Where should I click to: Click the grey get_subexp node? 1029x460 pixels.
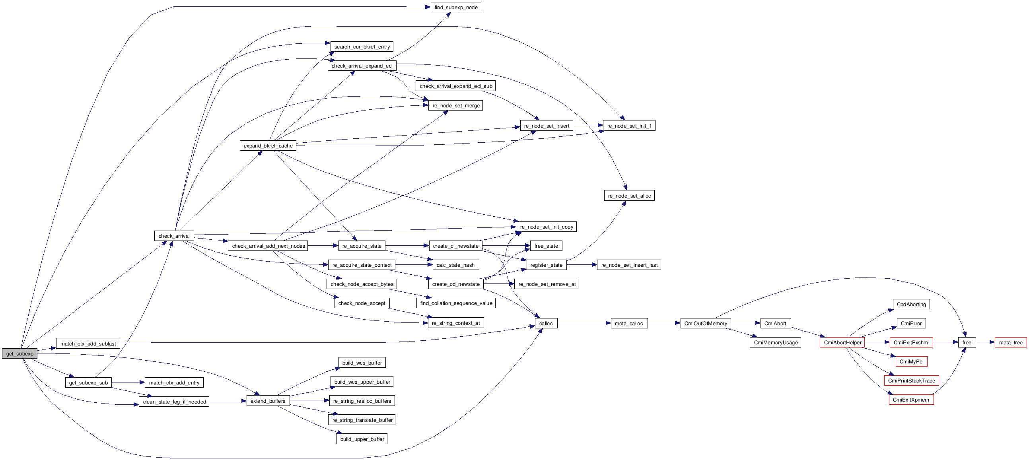(19, 353)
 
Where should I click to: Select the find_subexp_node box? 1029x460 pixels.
(456, 7)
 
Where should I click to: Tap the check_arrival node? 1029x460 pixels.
(174, 236)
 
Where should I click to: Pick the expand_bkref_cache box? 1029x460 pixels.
(268, 146)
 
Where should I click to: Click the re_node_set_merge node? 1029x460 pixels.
(455, 105)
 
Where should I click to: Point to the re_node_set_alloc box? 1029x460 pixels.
(629, 196)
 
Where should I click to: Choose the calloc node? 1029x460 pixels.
(546, 324)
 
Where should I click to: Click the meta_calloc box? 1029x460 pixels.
(629, 324)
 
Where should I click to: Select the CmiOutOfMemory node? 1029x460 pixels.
(706, 324)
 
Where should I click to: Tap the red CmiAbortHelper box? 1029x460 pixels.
(842, 342)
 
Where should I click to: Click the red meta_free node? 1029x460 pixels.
(1010, 342)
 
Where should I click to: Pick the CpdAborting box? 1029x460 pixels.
(911, 304)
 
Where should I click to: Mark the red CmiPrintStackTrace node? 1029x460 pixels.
(911, 380)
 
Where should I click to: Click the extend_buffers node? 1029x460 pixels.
(268, 401)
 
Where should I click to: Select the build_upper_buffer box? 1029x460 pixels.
(362, 439)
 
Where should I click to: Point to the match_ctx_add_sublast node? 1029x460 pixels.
(88, 344)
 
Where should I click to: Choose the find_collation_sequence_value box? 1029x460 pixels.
(456, 303)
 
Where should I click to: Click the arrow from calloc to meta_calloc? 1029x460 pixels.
(584, 323)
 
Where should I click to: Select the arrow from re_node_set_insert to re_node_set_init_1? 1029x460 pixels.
(588, 125)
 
